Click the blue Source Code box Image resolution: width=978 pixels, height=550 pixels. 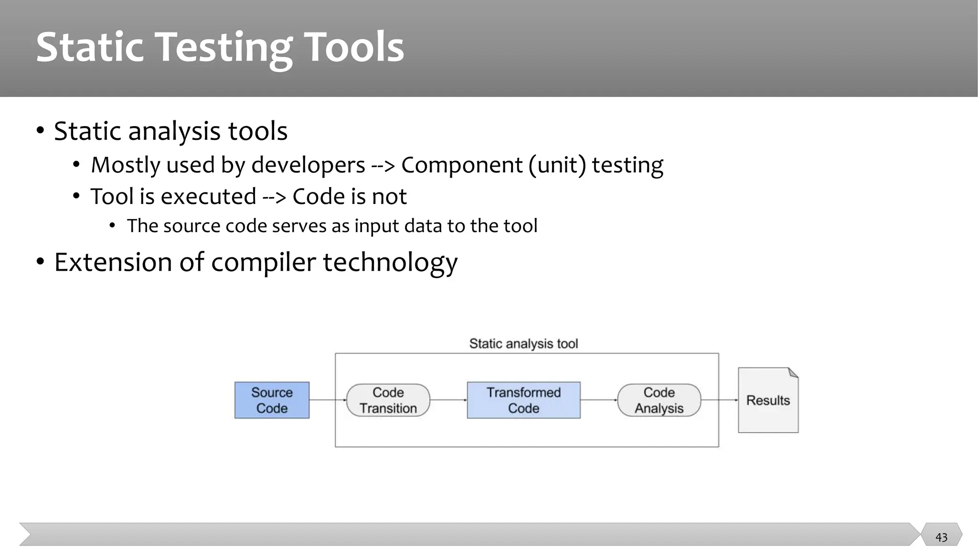click(x=272, y=400)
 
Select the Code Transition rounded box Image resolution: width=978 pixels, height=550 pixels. click(x=388, y=400)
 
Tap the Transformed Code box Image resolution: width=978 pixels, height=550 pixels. click(x=523, y=400)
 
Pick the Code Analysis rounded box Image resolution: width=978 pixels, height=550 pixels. click(x=659, y=400)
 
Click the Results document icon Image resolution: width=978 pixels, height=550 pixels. click(x=768, y=400)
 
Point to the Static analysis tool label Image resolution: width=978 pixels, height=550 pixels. click(x=523, y=343)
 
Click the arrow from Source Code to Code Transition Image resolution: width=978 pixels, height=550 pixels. click(x=328, y=400)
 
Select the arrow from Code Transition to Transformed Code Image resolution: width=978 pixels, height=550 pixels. click(x=448, y=400)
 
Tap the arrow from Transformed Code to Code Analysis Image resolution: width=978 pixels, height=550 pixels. click(x=599, y=400)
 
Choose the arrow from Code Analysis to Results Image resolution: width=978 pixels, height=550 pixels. click(x=719, y=400)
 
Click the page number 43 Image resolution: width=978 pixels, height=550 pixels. click(x=941, y=537)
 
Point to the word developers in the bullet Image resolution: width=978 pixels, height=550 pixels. click(x=308, y=165)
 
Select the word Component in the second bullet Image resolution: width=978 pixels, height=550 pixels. click(x=462, y=165)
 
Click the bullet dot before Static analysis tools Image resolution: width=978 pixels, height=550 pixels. click(x=41, y=131)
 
